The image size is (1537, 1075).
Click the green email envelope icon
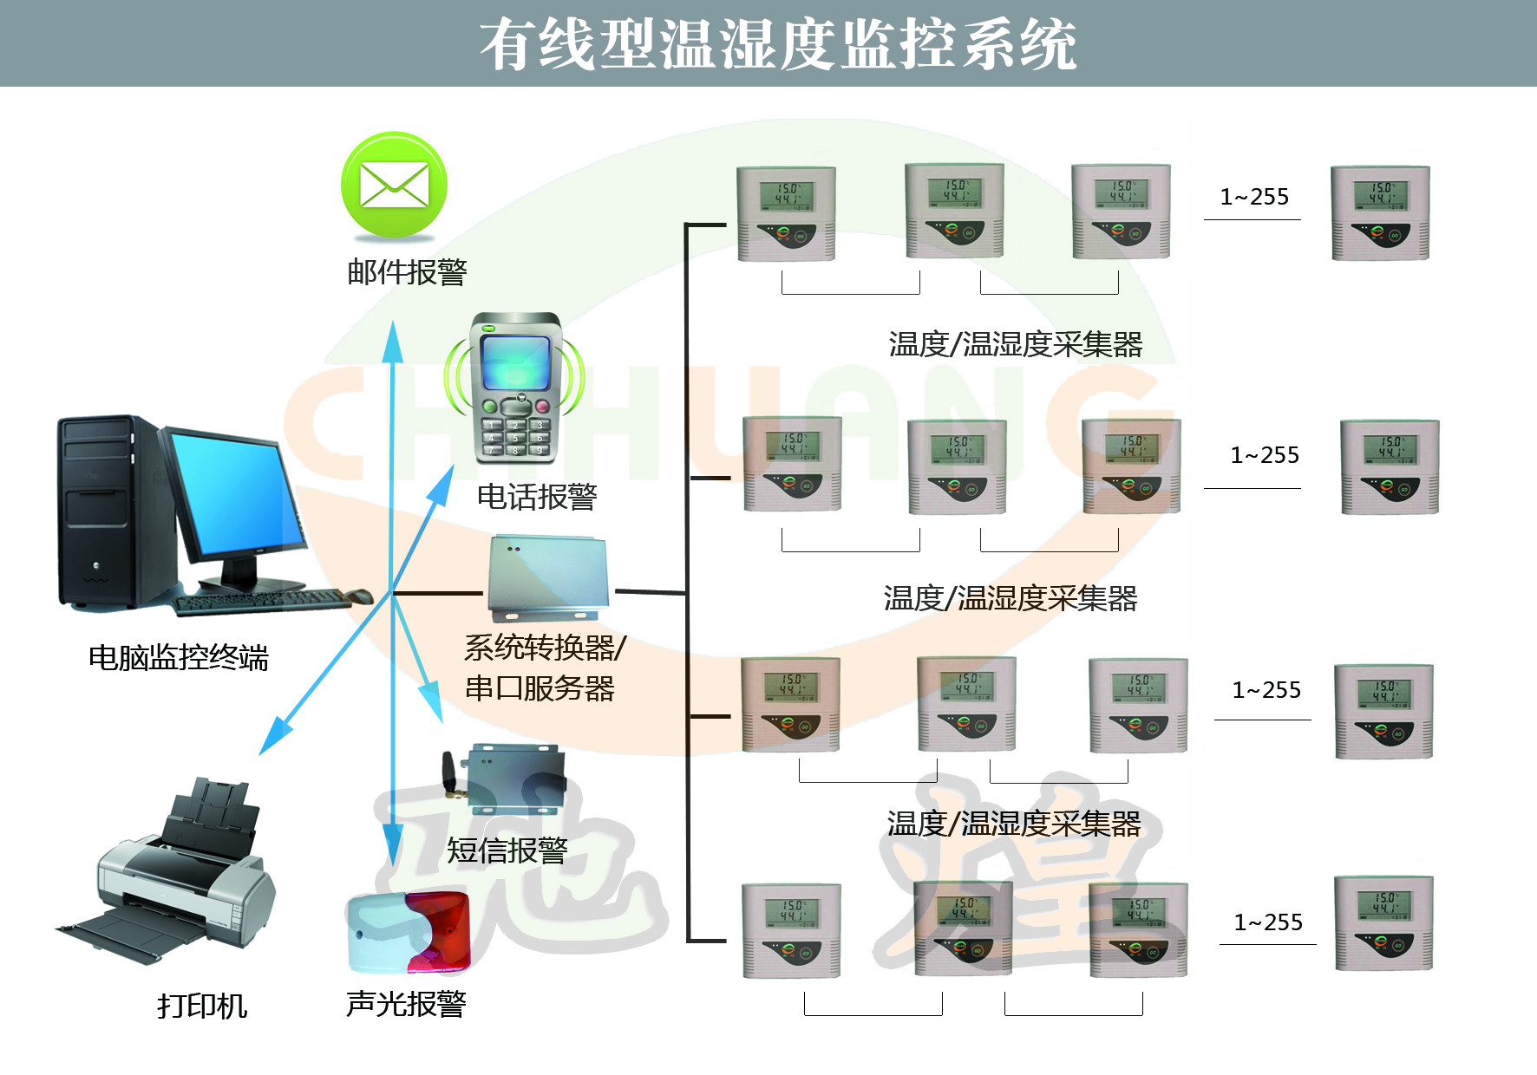(394, 186)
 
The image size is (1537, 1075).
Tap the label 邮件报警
(407, 272)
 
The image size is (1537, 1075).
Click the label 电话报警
(537, 497)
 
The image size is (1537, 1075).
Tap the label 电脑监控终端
(179, 657)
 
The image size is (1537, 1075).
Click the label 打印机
(202, 1006)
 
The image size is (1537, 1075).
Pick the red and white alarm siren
(409, 932)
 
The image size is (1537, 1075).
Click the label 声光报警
(406, 1004)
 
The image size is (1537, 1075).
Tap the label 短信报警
(507, 850)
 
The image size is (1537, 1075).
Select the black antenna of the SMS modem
(449, 774)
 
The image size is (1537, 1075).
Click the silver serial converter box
(546, 577)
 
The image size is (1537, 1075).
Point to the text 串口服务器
(540, 688)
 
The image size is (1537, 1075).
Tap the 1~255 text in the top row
(1254, 197)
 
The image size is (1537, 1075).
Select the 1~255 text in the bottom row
(1268, 922)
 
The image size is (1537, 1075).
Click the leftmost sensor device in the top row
(786, 213)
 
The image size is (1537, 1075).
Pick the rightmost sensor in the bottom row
(1383, 922)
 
